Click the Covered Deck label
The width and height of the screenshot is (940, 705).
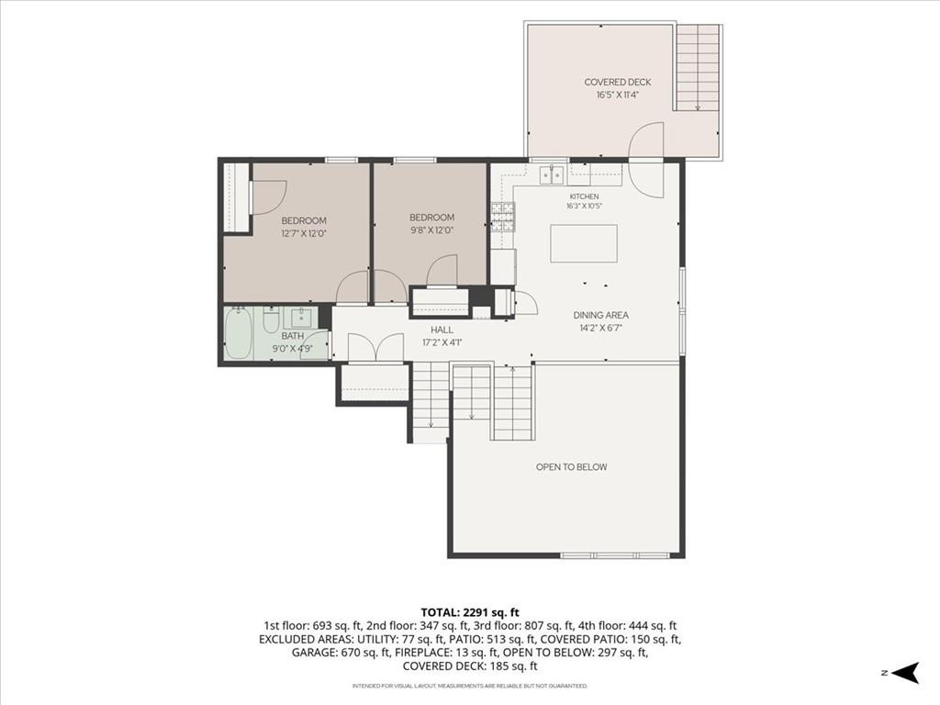[618, 82]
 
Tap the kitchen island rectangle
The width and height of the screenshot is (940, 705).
[584, 242]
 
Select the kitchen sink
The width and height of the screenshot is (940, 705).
[553, 175]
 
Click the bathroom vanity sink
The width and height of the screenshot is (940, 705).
[301, 317]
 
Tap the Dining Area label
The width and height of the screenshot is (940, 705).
[600, 316]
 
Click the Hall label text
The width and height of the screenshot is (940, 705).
[442, 330]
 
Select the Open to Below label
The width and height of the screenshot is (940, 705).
[571, 467]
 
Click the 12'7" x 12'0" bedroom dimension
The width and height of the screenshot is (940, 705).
[304, 233]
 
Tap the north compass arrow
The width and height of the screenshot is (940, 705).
[905, 672]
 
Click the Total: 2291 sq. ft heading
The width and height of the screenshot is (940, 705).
[470, 612]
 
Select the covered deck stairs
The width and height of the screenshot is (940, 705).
[698, 67]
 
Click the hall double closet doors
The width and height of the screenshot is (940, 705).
[375, 347]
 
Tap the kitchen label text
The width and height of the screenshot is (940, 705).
[584, 196]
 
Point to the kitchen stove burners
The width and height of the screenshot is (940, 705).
[503, 217]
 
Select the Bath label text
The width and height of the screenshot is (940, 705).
[293, 336]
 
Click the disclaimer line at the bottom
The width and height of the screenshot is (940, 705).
[470, 686]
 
